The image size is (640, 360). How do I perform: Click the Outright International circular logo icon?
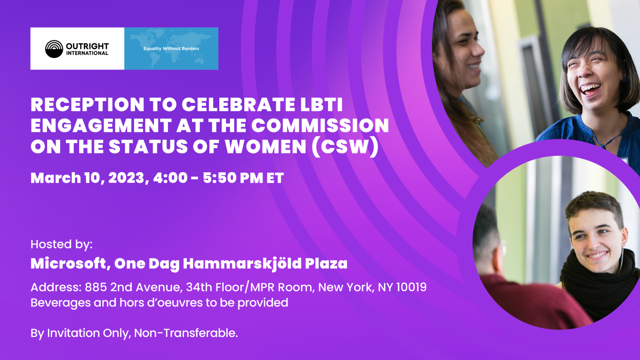tap(54, 49)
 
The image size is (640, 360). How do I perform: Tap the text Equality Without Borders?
tap(171, 48)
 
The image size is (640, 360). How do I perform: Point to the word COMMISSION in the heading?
tap(320, 126)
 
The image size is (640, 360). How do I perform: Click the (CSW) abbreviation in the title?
tap(345, 147)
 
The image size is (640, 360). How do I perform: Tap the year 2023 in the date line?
tap(129, 178)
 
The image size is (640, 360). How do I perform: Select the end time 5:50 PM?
tap(233, 178)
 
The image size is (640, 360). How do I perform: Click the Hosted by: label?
tap(62, 245)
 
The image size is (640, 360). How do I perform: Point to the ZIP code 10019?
tap(412, 288)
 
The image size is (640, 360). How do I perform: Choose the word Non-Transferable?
tap(186, 333)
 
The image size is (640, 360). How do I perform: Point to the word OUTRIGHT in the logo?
tap(87, 46)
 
